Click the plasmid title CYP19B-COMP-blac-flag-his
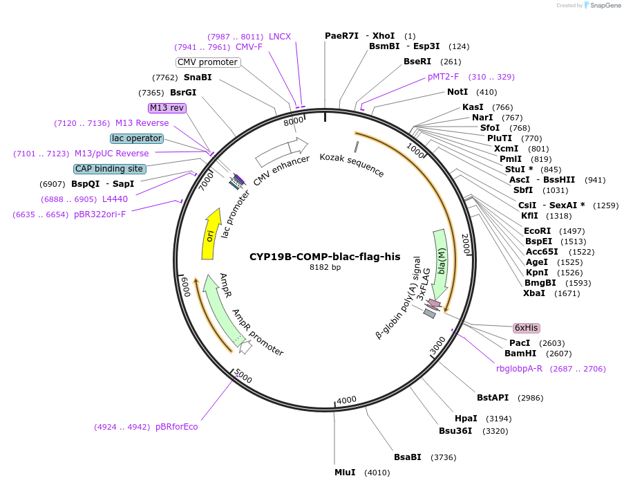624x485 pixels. tap(325, 257)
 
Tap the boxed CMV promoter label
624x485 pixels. tap(208, 62)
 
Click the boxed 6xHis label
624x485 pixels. tap(526, 328)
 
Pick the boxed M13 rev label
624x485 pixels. tap(167, 108)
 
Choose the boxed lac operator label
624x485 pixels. tap(137, 138)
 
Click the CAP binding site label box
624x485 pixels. tap(111, 169)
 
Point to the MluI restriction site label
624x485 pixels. tap(345, 473)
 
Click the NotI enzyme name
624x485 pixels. tap(457, 92)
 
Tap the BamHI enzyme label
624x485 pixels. tap(520, 354)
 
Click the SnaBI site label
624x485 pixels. tap(198, 77)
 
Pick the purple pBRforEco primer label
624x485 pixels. tap(176, 427)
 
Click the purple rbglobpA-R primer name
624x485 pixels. tap(519, 369)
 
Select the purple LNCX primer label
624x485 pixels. tap(280, 37)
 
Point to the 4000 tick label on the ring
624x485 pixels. tap(346, 400)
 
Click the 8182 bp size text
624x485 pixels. tap(325, 267)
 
